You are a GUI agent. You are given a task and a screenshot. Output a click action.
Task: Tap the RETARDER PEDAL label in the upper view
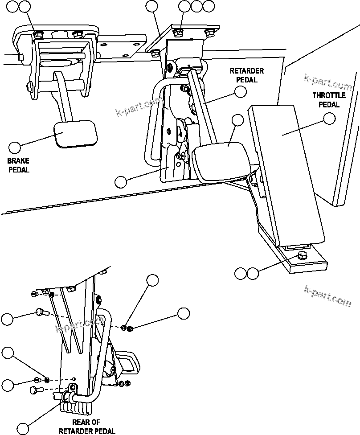[246, 75]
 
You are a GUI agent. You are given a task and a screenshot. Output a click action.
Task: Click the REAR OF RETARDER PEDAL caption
[87, 427]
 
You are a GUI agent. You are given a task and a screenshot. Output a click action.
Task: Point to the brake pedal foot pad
[76, 133]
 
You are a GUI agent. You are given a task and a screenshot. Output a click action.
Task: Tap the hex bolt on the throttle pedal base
[302, 256]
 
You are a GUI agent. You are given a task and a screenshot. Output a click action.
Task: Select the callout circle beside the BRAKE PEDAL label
[15, 148]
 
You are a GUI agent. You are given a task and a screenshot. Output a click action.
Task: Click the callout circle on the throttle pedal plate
[329, 119]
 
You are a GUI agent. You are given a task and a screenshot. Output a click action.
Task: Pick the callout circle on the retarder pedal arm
[241, 92]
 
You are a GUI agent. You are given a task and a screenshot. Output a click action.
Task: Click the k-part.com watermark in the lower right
[327, 296]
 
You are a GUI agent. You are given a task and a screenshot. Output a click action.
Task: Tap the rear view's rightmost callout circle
[184, 313]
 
